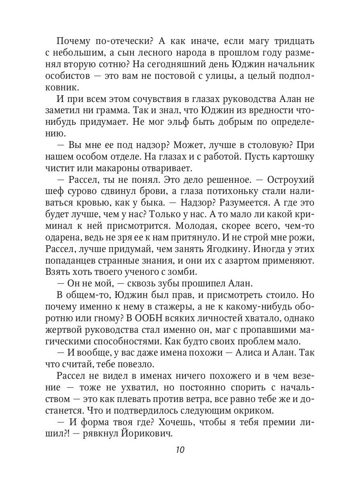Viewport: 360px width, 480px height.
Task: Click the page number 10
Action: coord(180,449)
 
